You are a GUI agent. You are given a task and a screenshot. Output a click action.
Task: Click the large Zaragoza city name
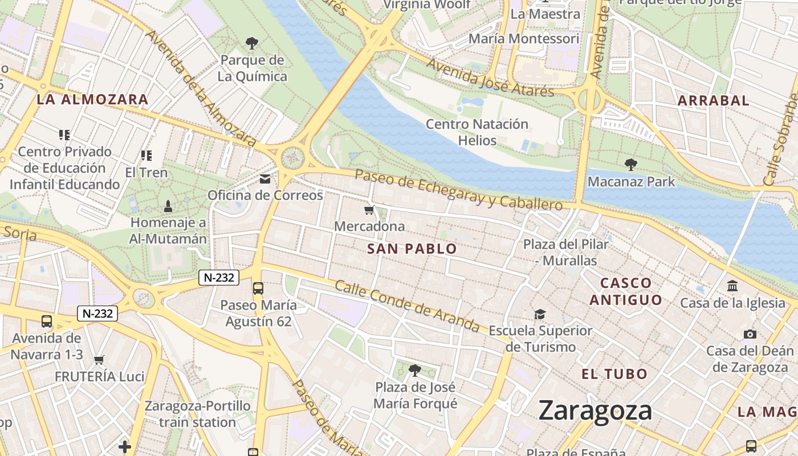click(x=595, y=411)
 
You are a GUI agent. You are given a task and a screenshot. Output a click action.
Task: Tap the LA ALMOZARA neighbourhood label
click(x=92, y=100)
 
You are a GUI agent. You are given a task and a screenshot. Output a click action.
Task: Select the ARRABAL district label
click(x=713, y=101)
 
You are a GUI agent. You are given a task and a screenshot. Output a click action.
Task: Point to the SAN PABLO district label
click(x=412, y=249)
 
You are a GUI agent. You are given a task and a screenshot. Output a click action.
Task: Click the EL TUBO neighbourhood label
click(x=614, y=374)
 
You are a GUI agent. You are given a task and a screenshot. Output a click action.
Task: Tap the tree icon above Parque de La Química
click(x=251, y=43)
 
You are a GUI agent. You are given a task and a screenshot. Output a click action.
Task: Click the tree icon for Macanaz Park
click(x=630, y=165)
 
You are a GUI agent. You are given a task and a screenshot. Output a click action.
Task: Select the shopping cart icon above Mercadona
click(x=369, y=210)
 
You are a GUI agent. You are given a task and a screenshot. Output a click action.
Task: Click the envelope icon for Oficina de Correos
click(x=265, y=180)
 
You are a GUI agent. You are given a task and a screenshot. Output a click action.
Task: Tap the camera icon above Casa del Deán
click(x=750, y=335)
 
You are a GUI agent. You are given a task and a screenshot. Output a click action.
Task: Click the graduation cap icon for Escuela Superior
click(x=540, y=314)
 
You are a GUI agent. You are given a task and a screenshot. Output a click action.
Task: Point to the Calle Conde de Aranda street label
click(x=407, y=306)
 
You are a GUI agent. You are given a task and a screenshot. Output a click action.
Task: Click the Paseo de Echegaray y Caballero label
click(x=458, y=189)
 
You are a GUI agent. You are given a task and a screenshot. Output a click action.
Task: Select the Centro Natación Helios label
click(x=477, y=132)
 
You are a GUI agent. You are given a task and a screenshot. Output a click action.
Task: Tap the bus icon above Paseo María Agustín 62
click(x=258, y=288)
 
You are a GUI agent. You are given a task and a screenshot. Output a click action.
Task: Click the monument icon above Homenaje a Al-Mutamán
click(x=168, y=206)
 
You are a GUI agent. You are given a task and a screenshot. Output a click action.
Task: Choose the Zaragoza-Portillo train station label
click(x=197, y=414)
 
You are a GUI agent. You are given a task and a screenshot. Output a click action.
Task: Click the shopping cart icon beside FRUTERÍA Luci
click(x=99, y=360)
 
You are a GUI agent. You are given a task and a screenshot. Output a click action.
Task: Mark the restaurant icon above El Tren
click(x=146, y=156)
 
